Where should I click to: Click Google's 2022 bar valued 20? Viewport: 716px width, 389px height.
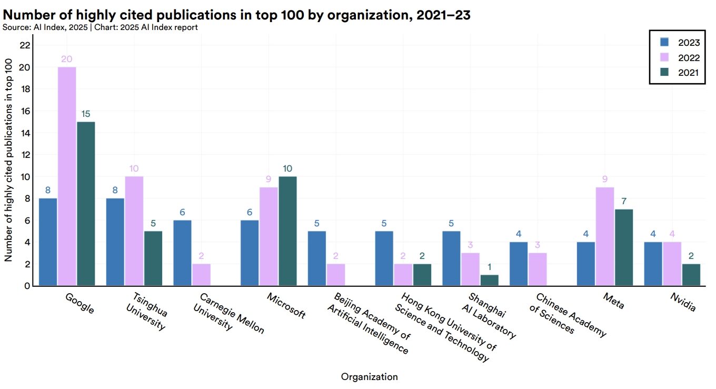[x=67, y=176]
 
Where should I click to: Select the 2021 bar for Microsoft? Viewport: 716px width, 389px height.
[x=288, y=231]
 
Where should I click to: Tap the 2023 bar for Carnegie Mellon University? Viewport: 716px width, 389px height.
[x=182, y=253]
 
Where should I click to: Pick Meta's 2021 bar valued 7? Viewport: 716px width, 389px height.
[x=623, y=247]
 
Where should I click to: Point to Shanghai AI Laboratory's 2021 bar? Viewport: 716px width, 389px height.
[x=489, y=280]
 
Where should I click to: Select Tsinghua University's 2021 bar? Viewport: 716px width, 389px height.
[x=153, y=258]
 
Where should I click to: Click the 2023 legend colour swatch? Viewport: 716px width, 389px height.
[x=664, y=43]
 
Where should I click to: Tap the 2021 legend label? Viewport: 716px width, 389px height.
[x=689, y=73]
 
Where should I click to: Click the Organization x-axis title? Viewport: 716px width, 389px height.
[x=369, y=377]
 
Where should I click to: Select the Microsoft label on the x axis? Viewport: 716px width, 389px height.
[x=286, y=306]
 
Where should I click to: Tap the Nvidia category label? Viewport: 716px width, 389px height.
[x=682, y=303]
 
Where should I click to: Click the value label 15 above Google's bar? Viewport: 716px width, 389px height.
[x=86, y=114]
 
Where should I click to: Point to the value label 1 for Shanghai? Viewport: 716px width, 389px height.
[x=489, y=267]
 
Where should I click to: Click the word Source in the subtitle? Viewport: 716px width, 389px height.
[x=15, y=27]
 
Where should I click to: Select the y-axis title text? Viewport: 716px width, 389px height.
[x=8, y=160]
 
